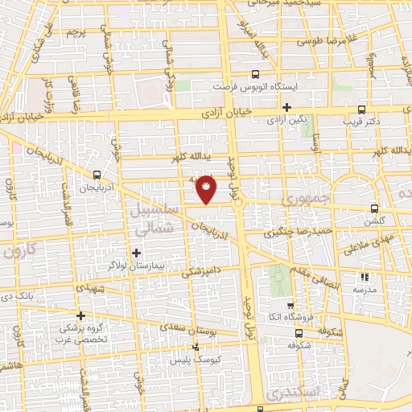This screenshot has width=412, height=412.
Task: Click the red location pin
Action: click(207, 188)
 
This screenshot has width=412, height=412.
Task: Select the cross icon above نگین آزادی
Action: click(286, 107)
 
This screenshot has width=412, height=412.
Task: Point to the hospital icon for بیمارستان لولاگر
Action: click(136, 253)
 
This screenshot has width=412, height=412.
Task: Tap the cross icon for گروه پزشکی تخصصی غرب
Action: click(80, 315)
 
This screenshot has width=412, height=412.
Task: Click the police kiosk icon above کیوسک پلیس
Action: click(195, 348)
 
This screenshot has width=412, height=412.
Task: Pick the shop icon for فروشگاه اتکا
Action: click(299, 332)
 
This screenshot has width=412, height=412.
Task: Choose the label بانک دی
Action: click(39, 297)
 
